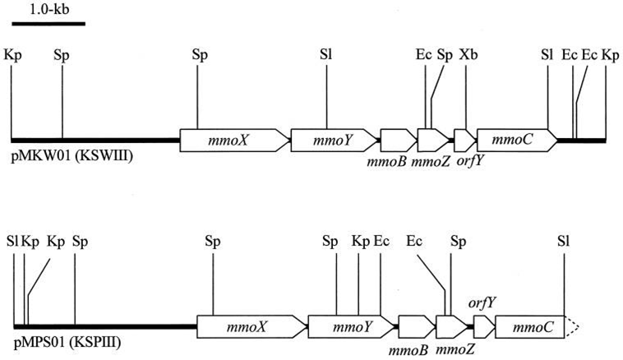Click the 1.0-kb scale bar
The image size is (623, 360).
(48, 23)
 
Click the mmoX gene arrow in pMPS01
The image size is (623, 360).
(251, 327)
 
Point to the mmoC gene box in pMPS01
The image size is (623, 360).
(530, 327)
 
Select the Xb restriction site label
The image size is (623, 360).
(468, 55)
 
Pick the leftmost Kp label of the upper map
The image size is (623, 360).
(12, 55)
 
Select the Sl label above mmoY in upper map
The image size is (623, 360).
(326, 55)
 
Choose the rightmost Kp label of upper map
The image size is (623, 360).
(611, 55)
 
